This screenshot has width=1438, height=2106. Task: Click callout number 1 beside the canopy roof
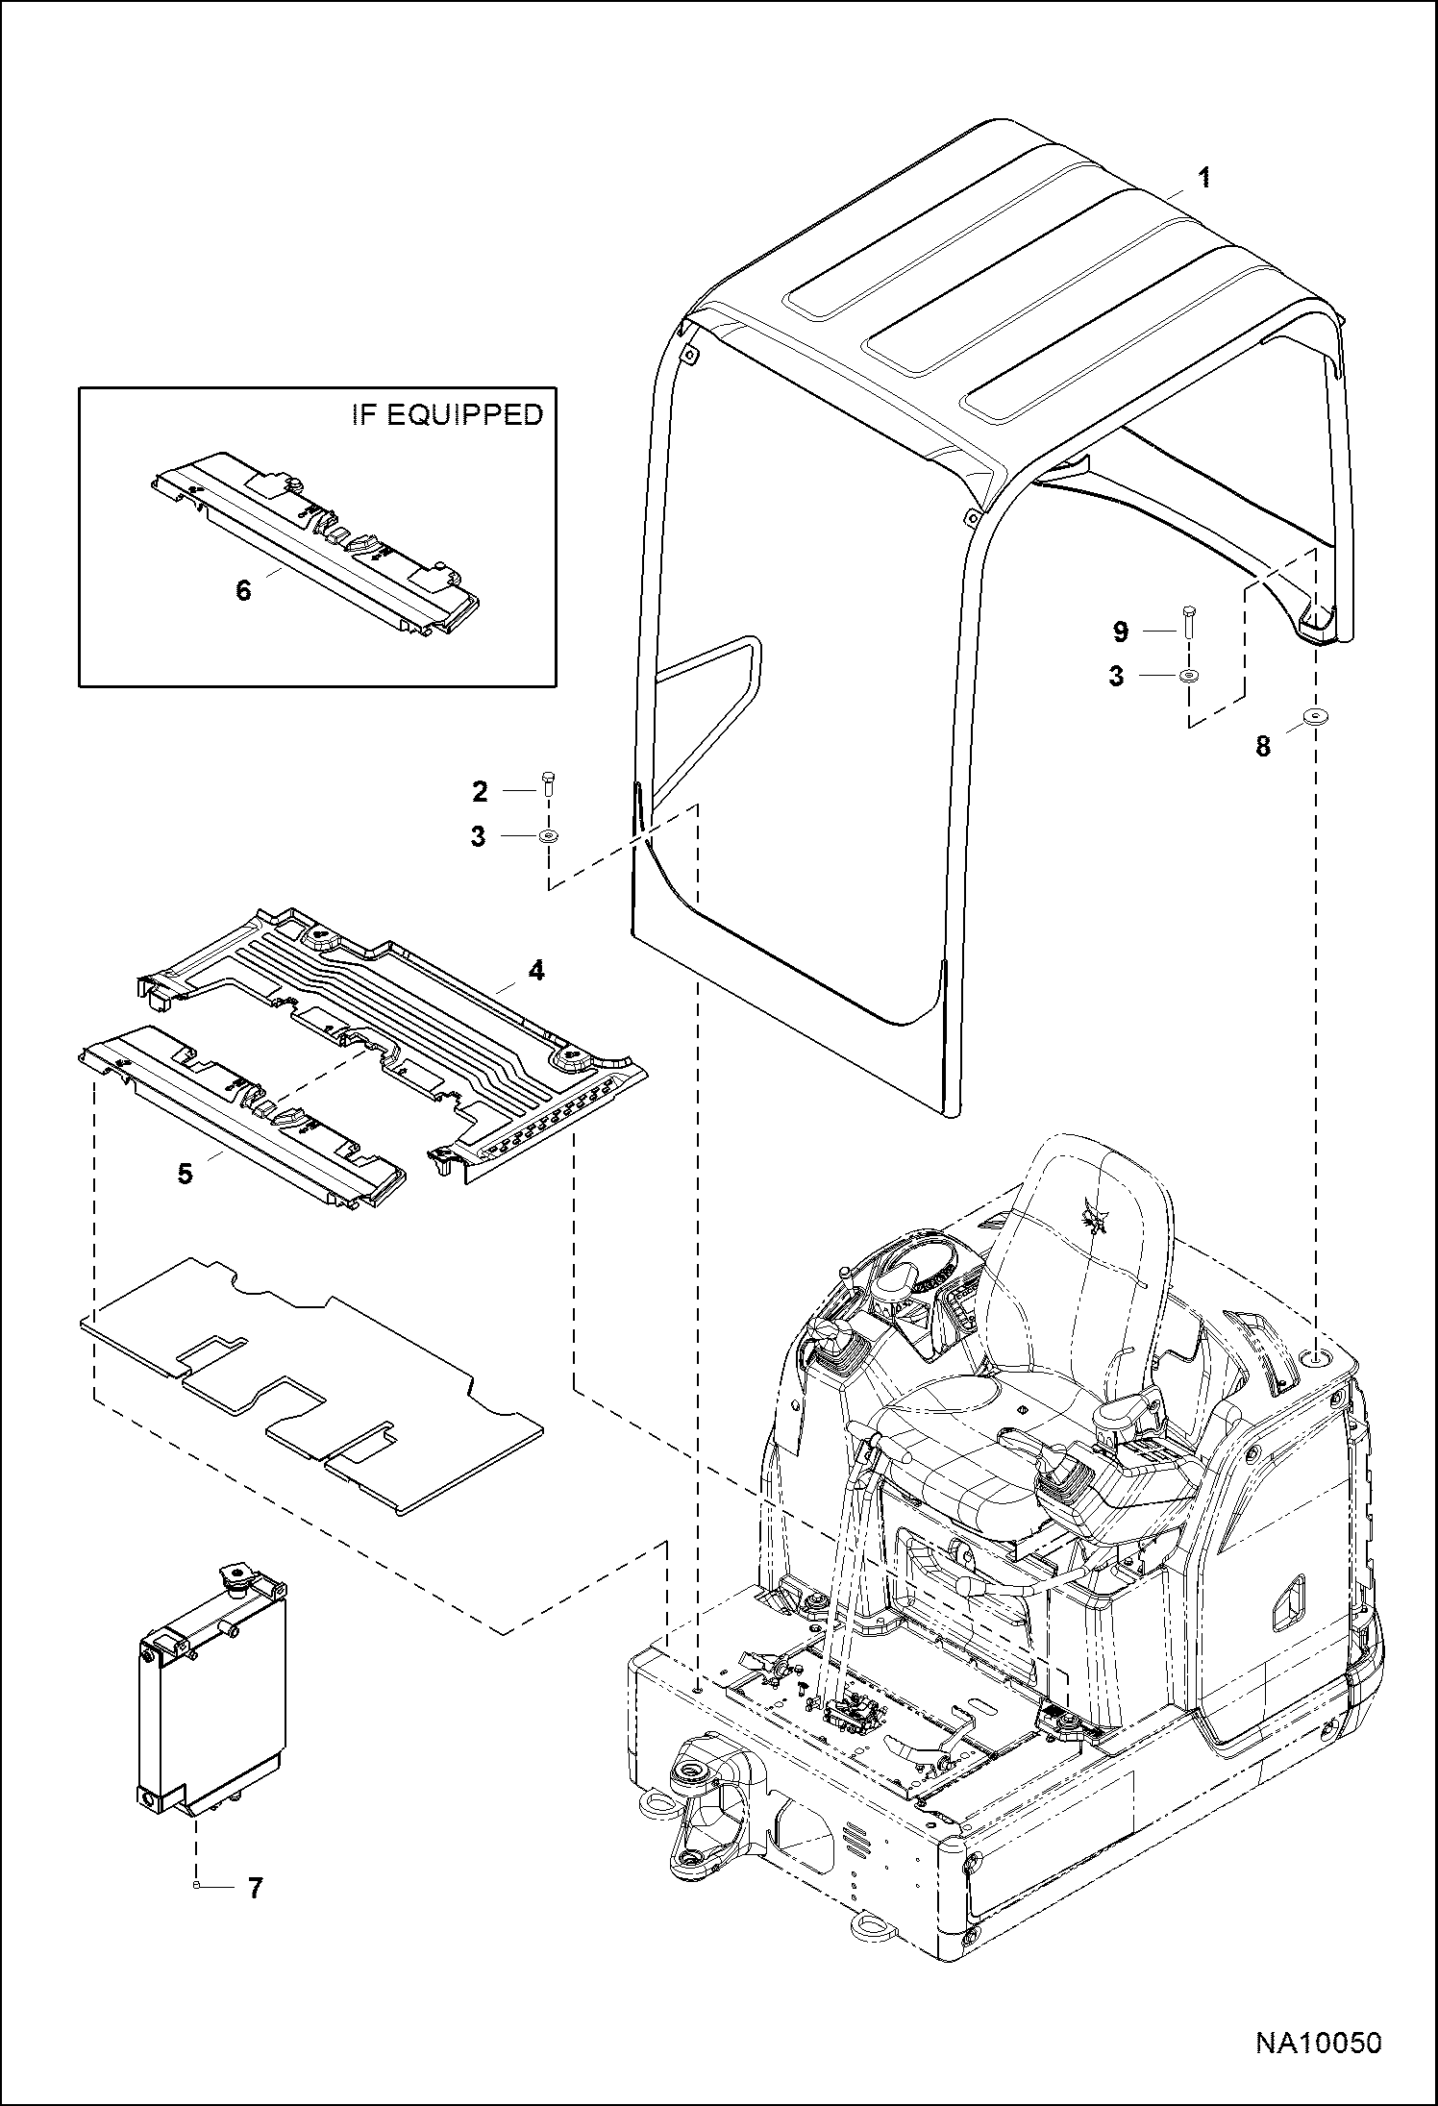point(1203,178)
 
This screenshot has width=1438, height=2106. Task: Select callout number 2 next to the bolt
point(481,791)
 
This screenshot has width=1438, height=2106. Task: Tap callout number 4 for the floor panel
point(536,971)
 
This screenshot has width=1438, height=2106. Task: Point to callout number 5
point(186,1174)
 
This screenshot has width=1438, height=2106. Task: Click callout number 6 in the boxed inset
point(243,590)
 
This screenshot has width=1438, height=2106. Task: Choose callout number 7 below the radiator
point(255,1889)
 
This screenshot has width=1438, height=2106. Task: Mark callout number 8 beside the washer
point(1262,746)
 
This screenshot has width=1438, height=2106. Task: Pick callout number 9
point(1120,632)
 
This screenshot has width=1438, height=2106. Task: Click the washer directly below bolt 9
point(1189,676)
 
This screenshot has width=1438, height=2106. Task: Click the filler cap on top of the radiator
point(236,1575)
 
